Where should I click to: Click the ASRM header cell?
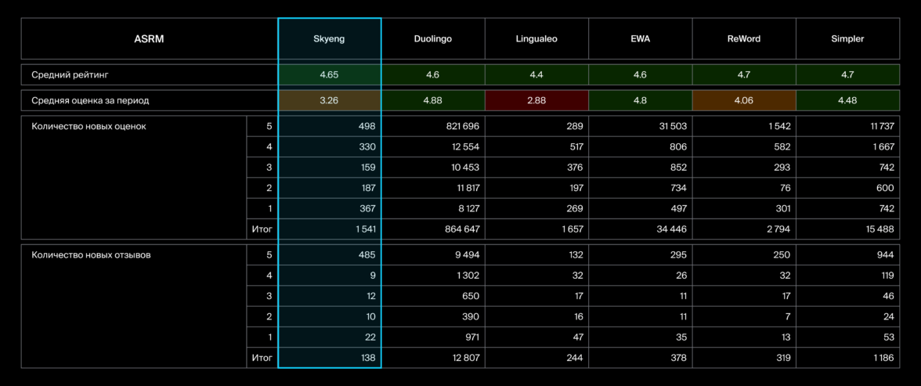(x=149, y=38)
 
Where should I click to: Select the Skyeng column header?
(x=329, y=38)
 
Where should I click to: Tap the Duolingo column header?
(x=433, y=38)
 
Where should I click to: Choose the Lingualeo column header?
(x=536, y=38)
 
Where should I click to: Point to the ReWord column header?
(x=744, y=38)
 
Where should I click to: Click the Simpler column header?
(x=847, y=38)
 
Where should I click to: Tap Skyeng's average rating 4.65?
(x=329, y=74)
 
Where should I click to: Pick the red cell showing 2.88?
(x=536, y=100)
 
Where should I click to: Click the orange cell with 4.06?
(x=744, y=100)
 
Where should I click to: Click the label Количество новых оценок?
(x=88, y=126)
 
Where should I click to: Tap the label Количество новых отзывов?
(x=91, y=254)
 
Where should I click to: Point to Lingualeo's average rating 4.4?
(x=536, y=74)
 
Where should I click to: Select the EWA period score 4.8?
(x=640, y=100)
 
